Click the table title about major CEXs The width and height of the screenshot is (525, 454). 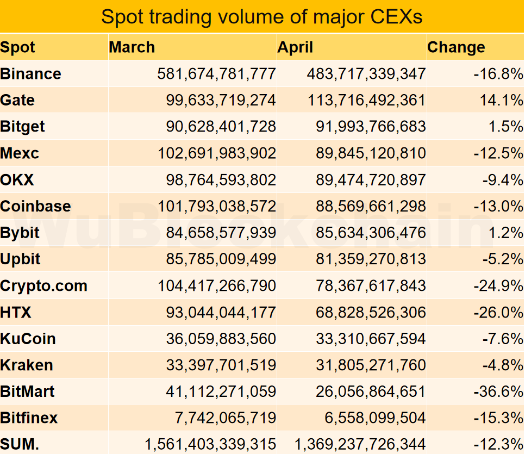[x=262, y=17]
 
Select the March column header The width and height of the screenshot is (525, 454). [x=132, y=47]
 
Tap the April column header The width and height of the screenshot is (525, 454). [x=295, y=47]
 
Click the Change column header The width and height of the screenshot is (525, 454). [x=456, y=47]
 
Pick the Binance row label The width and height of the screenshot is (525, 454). [x=31, y=74]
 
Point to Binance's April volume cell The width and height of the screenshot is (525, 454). [x=366, y=74]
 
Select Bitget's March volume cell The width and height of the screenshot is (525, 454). [x=221, y=127]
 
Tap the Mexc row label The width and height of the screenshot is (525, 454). [x=20, y=153]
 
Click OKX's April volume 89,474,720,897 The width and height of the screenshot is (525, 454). [x=371, y=180]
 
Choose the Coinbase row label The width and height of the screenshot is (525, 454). [x=36, y=207]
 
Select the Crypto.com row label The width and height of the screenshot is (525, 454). [x=44, y=286]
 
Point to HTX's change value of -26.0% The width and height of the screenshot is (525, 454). [x=498, y=313]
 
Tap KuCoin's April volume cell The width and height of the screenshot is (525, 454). [x=371, y=339]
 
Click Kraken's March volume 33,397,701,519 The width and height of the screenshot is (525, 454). [x=221, y=365]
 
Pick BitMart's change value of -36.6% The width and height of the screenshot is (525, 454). [x=498, y=392]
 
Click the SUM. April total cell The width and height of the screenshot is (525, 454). [x=360, y=445]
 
